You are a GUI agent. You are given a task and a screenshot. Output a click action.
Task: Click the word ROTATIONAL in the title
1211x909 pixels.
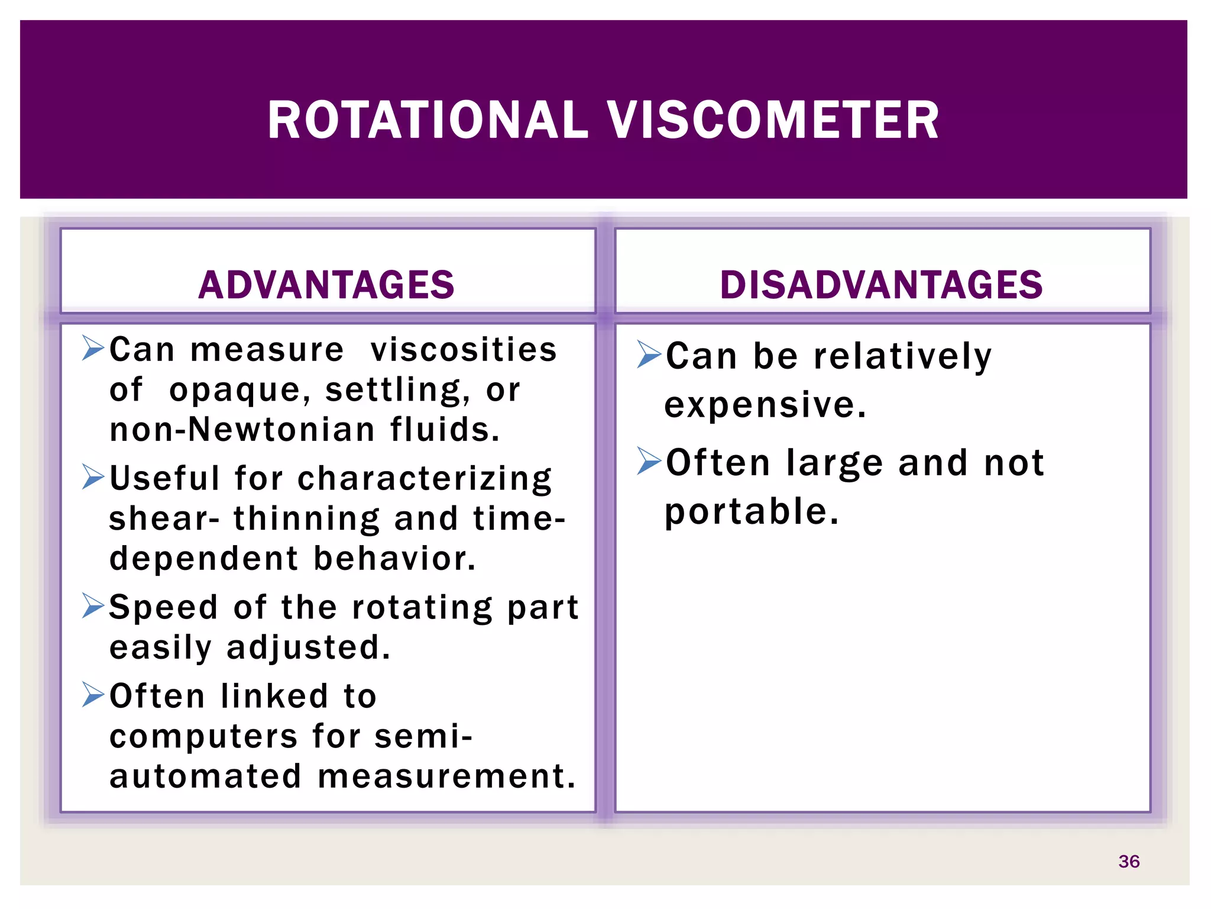click(428, 121)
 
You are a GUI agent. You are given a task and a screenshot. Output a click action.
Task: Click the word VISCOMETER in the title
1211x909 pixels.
click(773, 121)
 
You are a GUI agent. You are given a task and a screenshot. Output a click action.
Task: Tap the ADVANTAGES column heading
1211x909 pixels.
click(326, 285)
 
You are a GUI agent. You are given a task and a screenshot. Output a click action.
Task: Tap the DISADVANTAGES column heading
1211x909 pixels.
click(881, 285)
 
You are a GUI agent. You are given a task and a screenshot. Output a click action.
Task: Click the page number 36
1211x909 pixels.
click(1129, 861)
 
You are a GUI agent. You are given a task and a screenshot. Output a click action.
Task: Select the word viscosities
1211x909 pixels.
click(464, 350)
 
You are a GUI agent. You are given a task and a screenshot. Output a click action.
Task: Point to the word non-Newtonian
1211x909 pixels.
click(242, 430)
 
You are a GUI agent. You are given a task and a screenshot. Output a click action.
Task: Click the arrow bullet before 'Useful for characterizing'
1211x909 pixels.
click(93, 477)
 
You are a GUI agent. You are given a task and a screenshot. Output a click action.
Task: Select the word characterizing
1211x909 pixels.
click(425, 479)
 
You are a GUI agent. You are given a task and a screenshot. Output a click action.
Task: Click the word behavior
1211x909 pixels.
click(394, 559)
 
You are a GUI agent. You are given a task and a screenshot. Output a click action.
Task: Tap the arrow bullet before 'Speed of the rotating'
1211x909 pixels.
click(93, 605)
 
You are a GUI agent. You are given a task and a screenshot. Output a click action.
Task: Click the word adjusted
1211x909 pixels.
click(309, 648)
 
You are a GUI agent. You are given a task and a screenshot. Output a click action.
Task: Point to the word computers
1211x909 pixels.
click(203, 737)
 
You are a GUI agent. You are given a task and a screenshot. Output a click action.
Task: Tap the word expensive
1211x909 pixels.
click(765, 405)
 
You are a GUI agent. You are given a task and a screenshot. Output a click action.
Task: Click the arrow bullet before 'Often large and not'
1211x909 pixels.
click(649, 461)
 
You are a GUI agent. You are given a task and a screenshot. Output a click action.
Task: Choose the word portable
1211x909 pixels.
click(752, 512)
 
